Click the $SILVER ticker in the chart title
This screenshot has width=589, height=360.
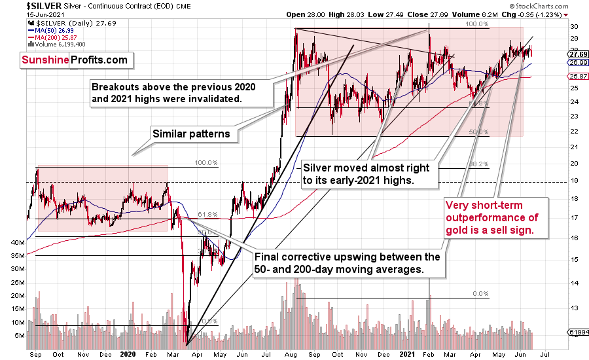(x=22, y=5)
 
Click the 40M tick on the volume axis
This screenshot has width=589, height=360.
(x=17, y=242)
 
